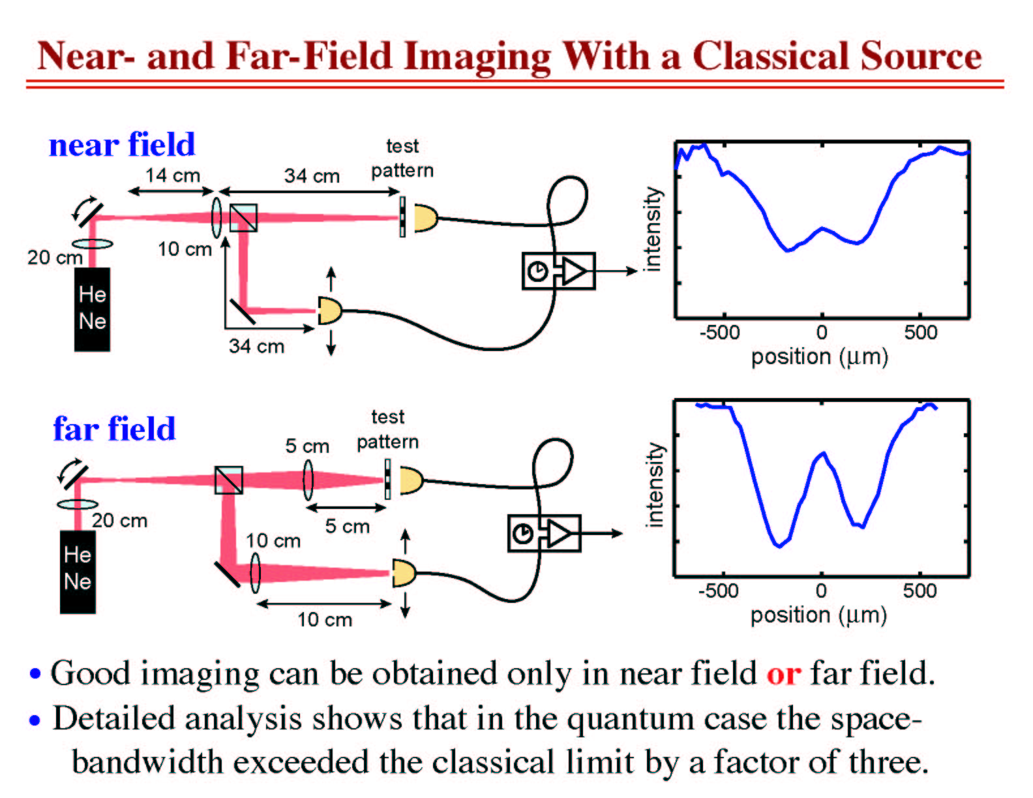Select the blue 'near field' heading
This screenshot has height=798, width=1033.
[122, 144]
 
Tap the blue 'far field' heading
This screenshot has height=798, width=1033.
[115, 429]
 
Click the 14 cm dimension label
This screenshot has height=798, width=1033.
[173, 175]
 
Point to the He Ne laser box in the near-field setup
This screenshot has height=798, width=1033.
[92, 309]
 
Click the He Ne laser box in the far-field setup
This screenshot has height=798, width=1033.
[78, 572]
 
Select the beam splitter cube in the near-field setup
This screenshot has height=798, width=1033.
[243, 218]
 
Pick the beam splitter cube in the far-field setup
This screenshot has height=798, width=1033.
[229, 480]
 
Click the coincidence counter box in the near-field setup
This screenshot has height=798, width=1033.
[559, 271]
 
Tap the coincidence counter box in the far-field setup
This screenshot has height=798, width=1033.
[545, 533]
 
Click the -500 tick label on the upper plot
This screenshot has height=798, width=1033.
[720, 332]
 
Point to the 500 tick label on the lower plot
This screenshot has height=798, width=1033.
[920, 591]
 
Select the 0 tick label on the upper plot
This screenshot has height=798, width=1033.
[822, 332]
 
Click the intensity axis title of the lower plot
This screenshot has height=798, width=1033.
[655, 485]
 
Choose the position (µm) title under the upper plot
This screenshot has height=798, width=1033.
[820, 357]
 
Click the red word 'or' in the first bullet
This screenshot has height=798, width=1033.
[783, 674]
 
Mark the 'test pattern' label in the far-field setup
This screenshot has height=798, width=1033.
[388, 429]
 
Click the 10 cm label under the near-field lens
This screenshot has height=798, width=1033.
[185, 249]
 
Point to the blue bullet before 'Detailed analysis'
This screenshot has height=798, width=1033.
[35, 720]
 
